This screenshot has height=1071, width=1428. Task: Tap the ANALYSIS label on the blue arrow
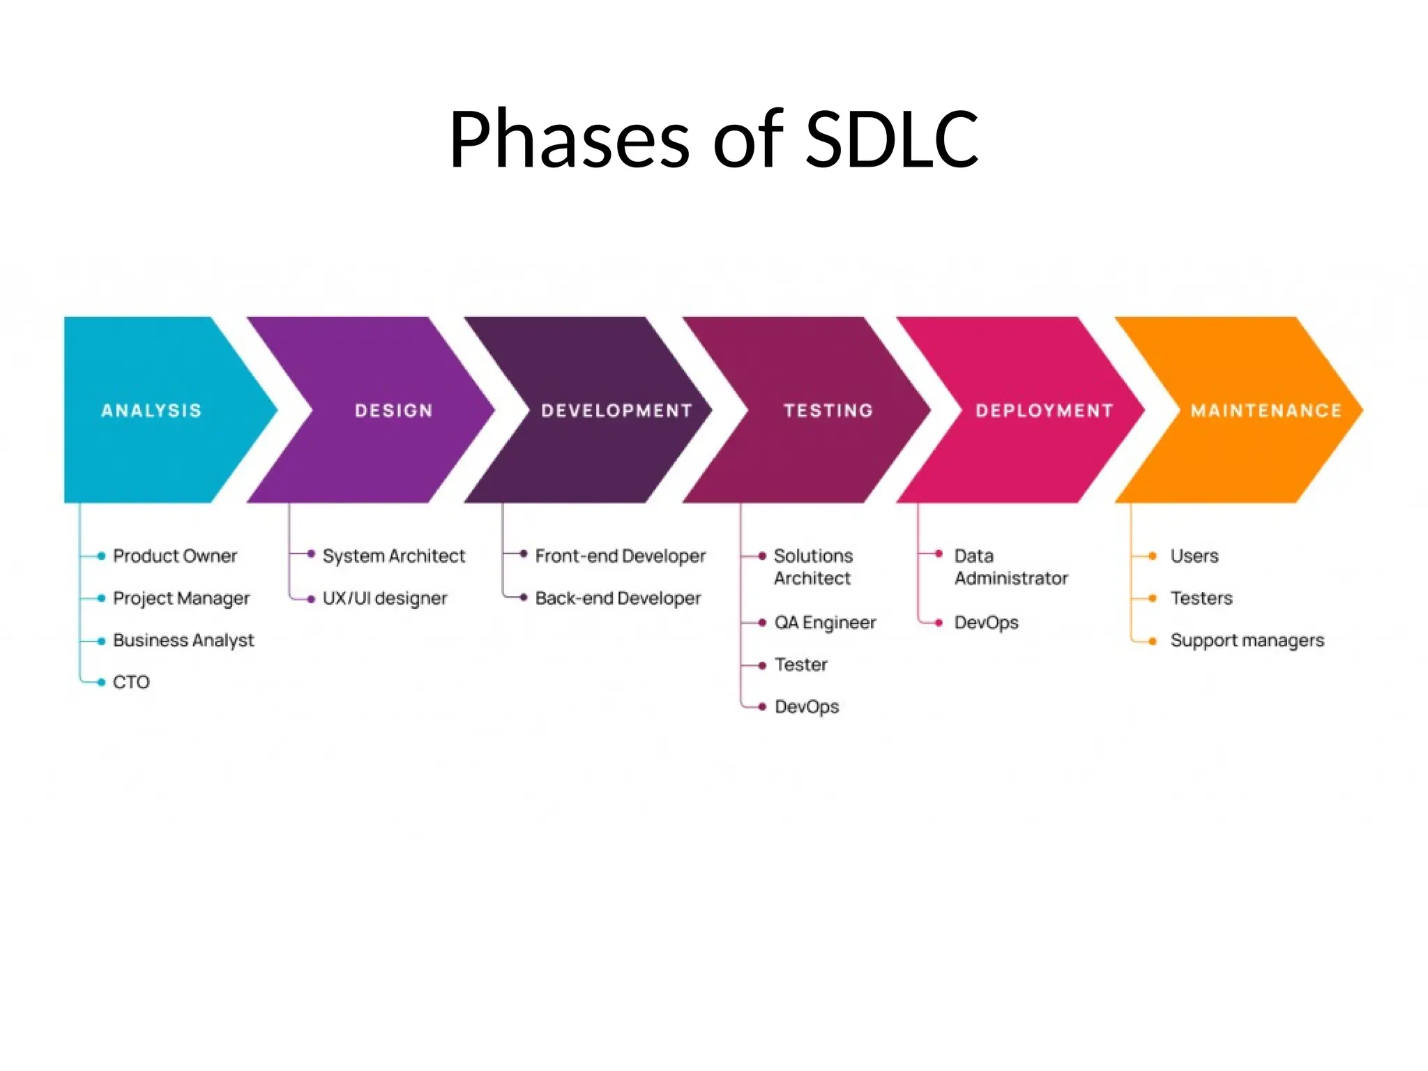pos(151,411)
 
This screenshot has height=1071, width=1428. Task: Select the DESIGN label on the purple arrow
pos(394,411)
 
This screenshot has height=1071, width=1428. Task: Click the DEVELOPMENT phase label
pos(616,411)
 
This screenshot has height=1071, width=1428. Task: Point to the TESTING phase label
pos(828,411)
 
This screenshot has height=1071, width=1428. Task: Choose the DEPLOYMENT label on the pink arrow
pos(1044,411)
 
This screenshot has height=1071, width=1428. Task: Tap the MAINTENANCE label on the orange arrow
pos(1266,411)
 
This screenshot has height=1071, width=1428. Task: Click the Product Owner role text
pos(175,556)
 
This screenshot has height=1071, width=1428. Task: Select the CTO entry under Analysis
pos(131,682)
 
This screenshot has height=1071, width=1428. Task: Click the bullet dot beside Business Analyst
pos(102,641)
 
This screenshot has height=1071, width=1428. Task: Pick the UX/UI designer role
pos(384,598)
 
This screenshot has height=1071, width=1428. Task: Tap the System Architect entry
pos(393,556)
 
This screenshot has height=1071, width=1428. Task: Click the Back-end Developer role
pos(618,598)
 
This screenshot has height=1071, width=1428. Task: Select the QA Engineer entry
pos(825,623)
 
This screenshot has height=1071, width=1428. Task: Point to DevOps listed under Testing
pos(807,707)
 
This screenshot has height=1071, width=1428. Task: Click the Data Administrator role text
pos(1010,567)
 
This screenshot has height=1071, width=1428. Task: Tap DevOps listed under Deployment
pos(986,623)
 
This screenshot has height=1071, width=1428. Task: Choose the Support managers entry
pos(1247,640)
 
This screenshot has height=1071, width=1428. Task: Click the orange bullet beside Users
pos(1153,556)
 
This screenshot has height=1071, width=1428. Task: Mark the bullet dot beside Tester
pos(762,665)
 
